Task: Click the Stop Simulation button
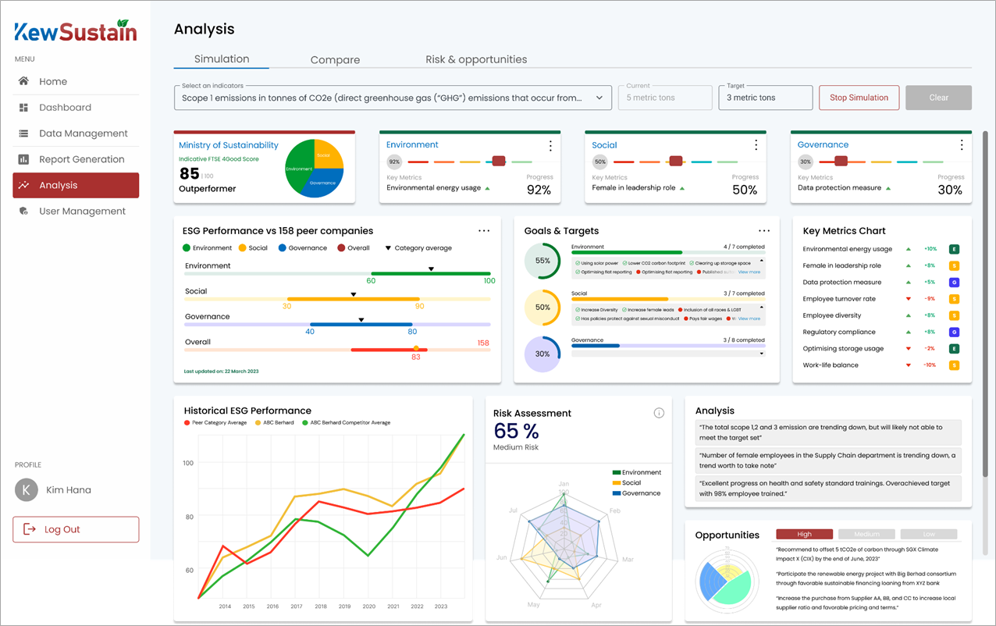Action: click(859, 98)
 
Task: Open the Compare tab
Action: click(335, 60)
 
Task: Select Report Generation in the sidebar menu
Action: click(81, 159)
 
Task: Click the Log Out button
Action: click(76, 529)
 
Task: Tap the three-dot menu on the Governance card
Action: click(962, 145)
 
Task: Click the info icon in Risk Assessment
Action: click(659, 413)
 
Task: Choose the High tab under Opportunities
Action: click(804, 535)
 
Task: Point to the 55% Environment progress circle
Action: click(542, 261)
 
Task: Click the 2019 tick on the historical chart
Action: click(344, 606)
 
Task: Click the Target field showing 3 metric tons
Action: click(765, 98)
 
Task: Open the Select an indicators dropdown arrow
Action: click(599, 98)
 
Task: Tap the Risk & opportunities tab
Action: click(476, 60)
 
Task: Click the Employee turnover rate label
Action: click(839, 299)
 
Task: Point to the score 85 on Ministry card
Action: click(190, 173)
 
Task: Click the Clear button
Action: click(938, 98)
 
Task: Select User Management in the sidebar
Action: click(82, 212)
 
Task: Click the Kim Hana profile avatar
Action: click(27, 490)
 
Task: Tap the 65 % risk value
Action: click(516, 431)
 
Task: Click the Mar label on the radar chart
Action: click(628, 560)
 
